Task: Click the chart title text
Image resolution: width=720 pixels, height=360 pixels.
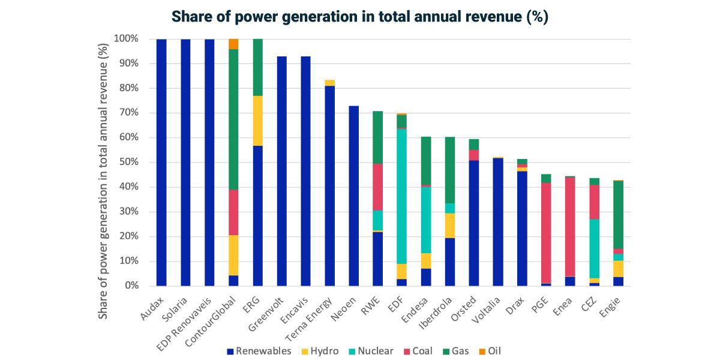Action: [x=360, y=17]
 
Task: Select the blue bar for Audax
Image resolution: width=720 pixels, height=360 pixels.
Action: [x=161, y=162]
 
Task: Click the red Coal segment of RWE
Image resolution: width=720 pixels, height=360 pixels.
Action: [x=377, y=187]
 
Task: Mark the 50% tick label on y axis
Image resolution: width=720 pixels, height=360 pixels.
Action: [x=127, y=162]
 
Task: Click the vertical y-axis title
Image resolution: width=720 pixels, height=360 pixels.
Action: [x=106, y=162]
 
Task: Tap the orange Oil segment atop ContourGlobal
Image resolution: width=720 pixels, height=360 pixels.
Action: [x=233, y=44]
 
